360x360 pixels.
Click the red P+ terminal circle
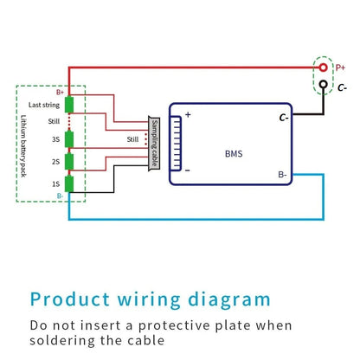click(x=323, y=66)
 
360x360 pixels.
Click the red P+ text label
click(x=340, y=66)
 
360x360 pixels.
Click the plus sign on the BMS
click(x=187, y=115)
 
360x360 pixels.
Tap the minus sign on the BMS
click(x=187, y=170)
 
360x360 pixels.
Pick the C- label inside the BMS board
click(x=284, y=116)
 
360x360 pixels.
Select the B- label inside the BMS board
click(x=283, y=174)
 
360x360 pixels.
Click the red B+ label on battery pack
click(x=60, y=91)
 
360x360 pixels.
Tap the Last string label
click(x=43, y=105)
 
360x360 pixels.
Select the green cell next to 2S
click(x=70, y=161)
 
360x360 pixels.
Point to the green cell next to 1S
click(x=70, y=183)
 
